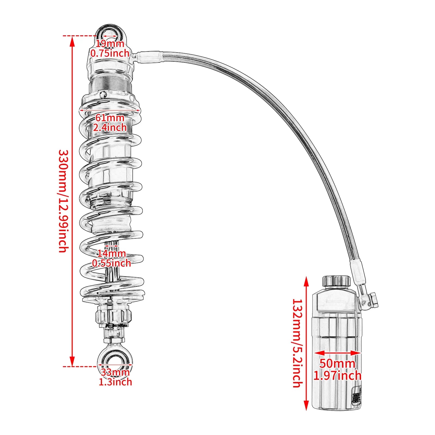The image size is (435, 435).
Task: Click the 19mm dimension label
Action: tap(110, 43)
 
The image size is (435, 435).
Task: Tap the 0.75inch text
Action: tap(110, 53)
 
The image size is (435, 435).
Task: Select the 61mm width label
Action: tap(110, 118)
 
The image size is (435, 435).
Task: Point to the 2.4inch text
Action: tap(110, 127)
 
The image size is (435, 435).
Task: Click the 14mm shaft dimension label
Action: tap(111, 253)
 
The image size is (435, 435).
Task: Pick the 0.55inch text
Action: tap(111, 263)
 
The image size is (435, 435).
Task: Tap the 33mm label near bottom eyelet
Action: tap(115, 372)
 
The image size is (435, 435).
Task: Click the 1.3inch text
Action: tap(115, 382)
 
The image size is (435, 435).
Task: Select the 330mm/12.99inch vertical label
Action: tap(63, 201)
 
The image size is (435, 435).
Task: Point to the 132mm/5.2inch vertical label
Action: tap(297, 343)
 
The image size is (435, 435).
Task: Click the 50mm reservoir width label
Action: tap(337, 363)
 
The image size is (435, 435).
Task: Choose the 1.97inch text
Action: tap(337, 376)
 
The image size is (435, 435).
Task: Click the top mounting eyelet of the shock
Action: tap(110, 33)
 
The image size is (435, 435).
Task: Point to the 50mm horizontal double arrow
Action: tap(337, 353)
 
